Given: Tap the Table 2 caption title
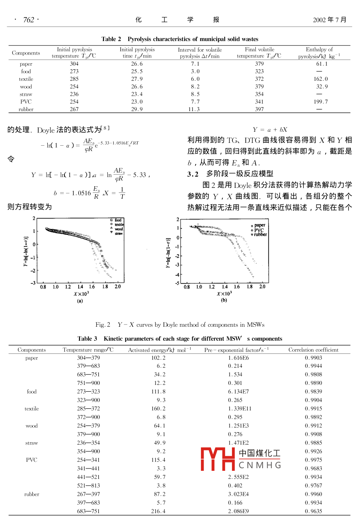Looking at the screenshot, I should coord(180,39).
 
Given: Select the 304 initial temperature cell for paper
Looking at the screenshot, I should coord(74,64).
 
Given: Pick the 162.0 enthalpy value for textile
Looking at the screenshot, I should coord(321,79).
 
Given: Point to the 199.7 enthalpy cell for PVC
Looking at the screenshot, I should coord(321,101).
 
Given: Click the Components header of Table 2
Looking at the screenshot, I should coord(26,53).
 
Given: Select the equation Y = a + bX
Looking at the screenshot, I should coord(270,130).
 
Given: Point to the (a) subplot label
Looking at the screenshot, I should coord(80,301).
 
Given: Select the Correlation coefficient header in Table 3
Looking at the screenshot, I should coord(313,350).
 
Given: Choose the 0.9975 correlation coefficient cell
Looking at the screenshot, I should coord(313,460).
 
